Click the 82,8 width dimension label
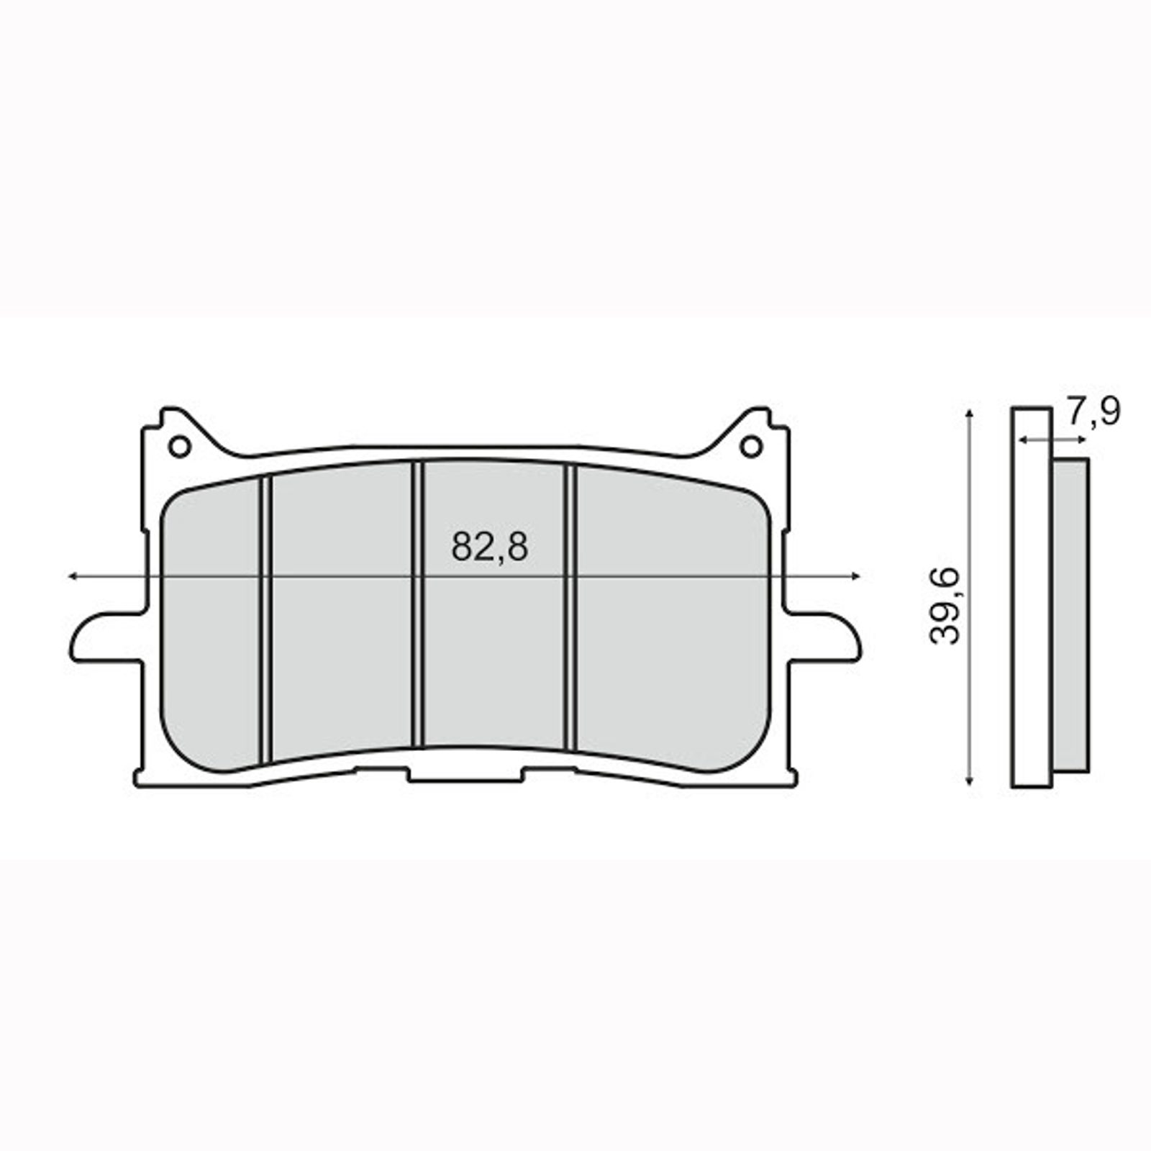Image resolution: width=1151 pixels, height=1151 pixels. coord(489,547)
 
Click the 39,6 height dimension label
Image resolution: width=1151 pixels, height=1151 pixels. coord(945,604)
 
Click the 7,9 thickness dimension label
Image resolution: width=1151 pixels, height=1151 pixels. coord(1093,412)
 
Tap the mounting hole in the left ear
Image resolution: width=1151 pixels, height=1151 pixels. coord(179,447)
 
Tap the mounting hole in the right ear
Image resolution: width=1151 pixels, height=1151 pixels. coord(751,447)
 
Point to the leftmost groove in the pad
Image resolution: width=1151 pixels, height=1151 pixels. coord(265,619)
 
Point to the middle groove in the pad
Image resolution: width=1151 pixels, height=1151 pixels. coord(417,604)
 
